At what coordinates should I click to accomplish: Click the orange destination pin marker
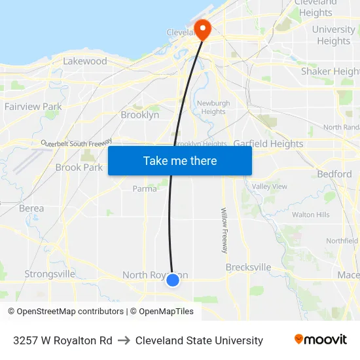tap(202, 29)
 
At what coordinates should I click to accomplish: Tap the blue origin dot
tap(173, 280)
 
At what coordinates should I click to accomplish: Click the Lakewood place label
tap(85, 62)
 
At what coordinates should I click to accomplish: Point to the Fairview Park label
tap(33, 107)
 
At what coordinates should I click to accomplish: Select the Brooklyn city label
tap(139, 115)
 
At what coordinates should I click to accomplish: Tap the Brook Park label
tap(79, 168)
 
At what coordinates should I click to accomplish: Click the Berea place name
tap(31, 209)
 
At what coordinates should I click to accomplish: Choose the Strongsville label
tap(50, 274)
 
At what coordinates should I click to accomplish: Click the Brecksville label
tap(248, 268)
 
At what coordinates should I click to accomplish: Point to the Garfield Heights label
tap(268, 144)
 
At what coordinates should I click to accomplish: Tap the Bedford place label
tap(334, 174)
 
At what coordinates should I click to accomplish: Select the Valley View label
tap(270, 187)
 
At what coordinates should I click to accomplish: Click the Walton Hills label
tap(311, 215)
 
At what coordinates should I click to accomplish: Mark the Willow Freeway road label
tap(224, 231)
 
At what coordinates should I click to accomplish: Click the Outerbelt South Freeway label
tap(77, 142)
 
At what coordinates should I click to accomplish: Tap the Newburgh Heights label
tap(213, 107)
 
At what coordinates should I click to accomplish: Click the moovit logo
tap(321, 340)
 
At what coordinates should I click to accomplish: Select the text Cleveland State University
tap(199, 340)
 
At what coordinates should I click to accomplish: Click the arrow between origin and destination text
tap(124, 340)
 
